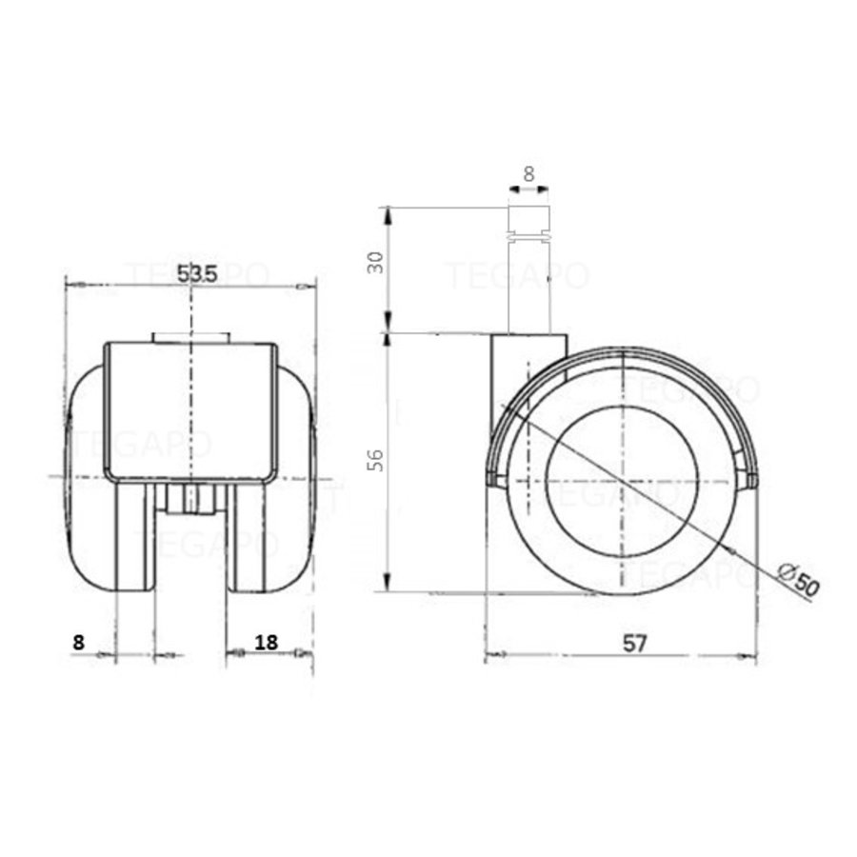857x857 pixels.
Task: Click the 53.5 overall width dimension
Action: [x=198, y=272]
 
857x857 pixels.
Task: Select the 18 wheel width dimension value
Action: [x=267, y=642]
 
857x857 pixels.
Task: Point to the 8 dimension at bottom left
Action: [x=78, y=642]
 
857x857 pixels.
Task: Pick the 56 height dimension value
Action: [x=376, y=460]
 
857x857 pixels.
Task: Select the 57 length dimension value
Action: [x=635, y=644]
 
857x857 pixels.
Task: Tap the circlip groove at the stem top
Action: [x=529, y=231]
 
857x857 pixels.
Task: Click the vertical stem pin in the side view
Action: [x=529, y=286]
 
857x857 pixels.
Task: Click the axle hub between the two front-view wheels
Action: [x=190, y=499]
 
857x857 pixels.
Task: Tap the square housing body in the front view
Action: [x=190, y=409]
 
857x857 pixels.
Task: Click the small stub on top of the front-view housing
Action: [x=190, y=337]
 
